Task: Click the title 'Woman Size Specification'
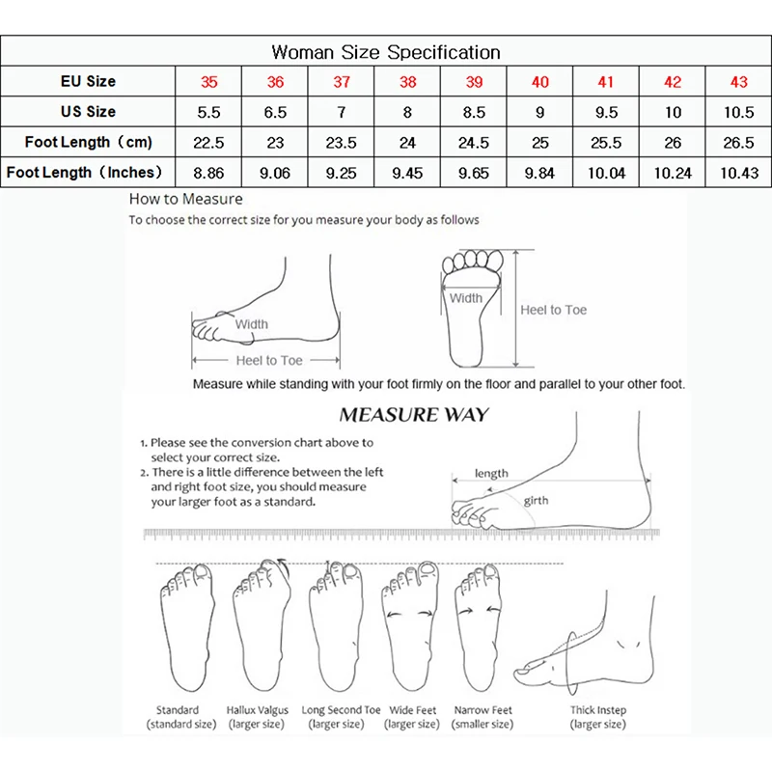click(386, 52)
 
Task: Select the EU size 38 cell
click(407, 82)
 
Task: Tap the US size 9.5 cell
click(606, 112)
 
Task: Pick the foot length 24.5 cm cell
click(474, 143)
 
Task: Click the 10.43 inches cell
click(738, 173)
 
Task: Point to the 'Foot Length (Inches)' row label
click(88, 173)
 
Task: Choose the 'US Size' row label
click(88, 112)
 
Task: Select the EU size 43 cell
click(738, 82)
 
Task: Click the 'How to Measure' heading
click(185, 200)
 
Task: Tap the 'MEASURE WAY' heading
click(413, 416)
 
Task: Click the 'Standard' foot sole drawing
click(183, 627)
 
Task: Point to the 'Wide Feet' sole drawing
click(412, 627)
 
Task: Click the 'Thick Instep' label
click(598, 710)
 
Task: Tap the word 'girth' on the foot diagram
click(537, 502)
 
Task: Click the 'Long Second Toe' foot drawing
click(334, 627)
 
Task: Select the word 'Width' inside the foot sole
click(465, 299)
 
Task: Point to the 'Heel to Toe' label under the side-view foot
click(269, 361)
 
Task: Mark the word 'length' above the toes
click(491, 474)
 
